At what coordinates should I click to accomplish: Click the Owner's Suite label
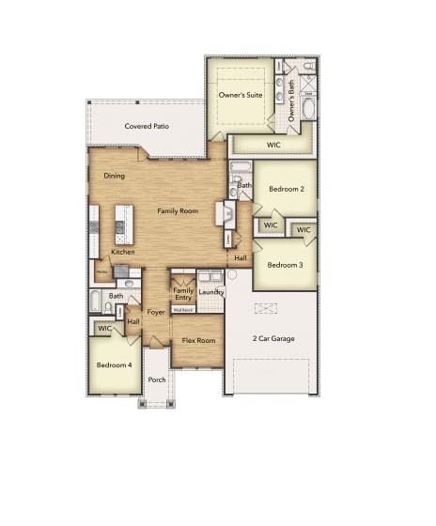[238, 95]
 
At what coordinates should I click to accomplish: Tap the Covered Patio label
[147, 126]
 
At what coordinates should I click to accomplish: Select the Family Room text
[178, 211]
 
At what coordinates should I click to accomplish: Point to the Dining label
[115, 176]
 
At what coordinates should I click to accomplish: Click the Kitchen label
[122, 252]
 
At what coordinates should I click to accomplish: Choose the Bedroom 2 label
[286, 189]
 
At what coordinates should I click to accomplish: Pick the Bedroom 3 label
[284, 265]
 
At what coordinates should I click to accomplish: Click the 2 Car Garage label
[272, 338]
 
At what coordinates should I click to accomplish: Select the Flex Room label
[198, 340]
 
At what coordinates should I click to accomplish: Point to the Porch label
[156, 380]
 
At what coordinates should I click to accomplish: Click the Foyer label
[156, 312]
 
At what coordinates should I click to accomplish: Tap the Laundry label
[210, 292]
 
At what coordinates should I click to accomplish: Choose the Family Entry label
[183, 294]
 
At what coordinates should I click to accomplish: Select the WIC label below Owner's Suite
[273, 145]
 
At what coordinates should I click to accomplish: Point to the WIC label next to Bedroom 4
[104, 329]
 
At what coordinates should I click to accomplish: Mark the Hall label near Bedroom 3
[241, 257]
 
